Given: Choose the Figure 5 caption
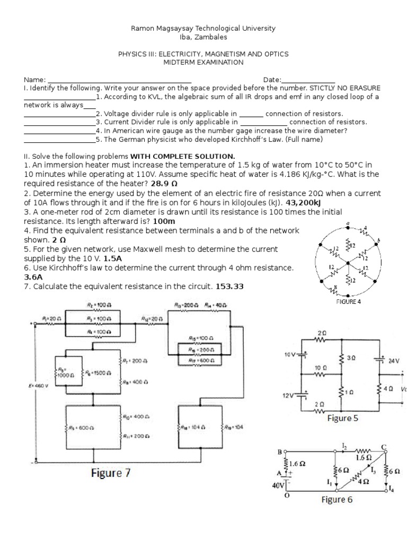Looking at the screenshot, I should pos(342,418).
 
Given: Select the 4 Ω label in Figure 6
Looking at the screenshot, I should pos(364,482).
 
